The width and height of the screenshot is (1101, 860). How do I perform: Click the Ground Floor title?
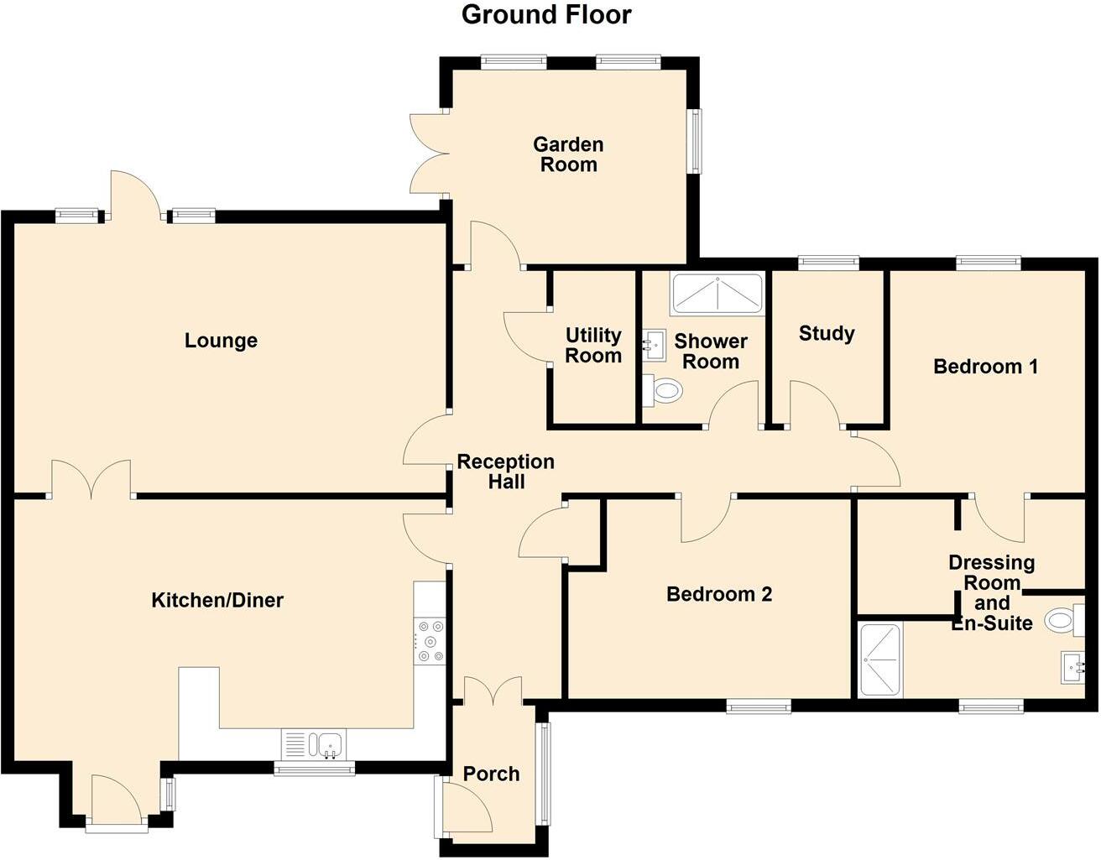(546, 14)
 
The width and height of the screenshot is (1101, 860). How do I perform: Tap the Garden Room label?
(568, 154)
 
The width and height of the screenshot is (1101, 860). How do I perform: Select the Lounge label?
(221, 341)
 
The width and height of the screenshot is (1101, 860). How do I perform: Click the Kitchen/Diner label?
(217, 600)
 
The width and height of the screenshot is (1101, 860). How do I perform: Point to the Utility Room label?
(593, 346)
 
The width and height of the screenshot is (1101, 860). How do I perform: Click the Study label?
(827, 333)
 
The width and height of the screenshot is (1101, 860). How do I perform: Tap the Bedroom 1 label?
(985, 366)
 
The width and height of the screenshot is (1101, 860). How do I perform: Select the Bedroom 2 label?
(719, 594)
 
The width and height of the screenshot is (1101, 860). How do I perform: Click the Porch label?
(491, 774)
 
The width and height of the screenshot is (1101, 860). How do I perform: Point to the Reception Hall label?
(505, 472)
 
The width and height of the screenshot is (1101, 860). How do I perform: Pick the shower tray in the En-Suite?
(879, 659)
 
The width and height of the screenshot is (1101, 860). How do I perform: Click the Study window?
(828, 263)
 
